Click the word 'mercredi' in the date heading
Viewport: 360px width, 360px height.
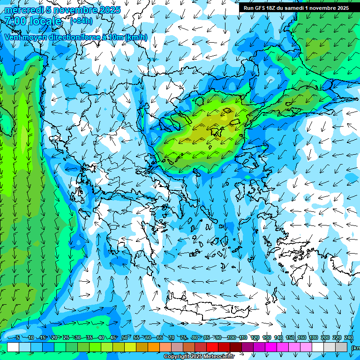pos(23,10)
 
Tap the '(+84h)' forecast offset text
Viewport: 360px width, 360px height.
pos(81,21)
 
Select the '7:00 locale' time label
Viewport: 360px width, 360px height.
pos(33,21)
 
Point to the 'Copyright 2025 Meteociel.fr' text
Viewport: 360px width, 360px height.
pos(199,357)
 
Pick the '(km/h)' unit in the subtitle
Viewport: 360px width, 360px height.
pos(136,37)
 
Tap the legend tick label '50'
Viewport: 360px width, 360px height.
pos(125,338)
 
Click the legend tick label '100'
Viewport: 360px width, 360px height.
pos(231,338)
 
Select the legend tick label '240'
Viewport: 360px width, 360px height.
pos(349,338)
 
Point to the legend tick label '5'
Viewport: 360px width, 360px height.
pos(18,338)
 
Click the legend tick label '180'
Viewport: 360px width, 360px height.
pos(314,338)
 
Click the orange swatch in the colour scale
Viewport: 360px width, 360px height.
pos(154,347)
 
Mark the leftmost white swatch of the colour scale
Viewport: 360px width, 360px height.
pos(13,347)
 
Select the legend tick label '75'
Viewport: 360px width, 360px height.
pos(183,338)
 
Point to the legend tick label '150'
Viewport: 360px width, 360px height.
pos(290,338)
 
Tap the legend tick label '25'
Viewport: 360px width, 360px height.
pos(66,338)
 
